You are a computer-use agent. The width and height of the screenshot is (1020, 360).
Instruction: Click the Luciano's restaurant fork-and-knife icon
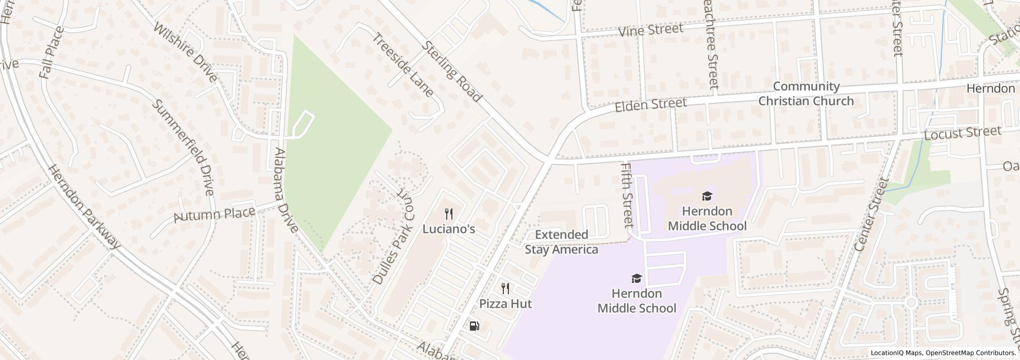click(x=449, y=214)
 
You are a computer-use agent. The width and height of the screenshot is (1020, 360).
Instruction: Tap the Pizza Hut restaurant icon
click(x=505, y=289)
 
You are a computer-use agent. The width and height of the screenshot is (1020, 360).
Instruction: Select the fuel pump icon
click(x=474, y=326)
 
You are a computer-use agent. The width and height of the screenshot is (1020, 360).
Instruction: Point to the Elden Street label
click(x=651, y=104)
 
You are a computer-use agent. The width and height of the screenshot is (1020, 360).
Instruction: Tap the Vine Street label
click(x=650, y=30)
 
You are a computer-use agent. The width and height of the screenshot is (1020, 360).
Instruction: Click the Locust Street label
click(x=962, y=133)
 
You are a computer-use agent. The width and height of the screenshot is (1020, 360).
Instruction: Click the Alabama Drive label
click(x=286, y=190)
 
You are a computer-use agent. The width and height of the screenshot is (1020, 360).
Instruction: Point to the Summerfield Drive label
click(x=183, y=147)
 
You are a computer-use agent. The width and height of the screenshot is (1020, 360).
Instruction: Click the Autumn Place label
click(x=214, y=214)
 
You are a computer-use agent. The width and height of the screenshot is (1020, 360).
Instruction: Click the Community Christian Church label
click(x=806, y=94)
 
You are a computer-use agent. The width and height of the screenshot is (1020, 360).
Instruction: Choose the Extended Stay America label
click(x=561, y=242)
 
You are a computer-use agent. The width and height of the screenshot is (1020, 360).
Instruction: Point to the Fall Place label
click(x=51, y=52)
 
